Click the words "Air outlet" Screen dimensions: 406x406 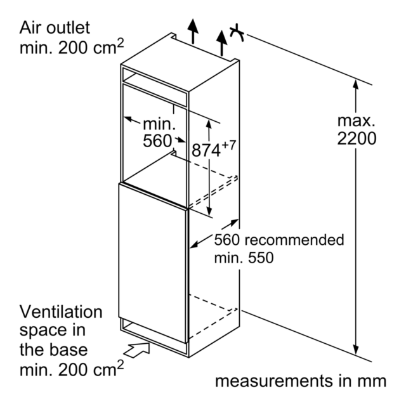tap(55, 27)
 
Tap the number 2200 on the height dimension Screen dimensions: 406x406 tap(357, 138)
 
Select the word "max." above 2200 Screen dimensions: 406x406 tap(357, 121)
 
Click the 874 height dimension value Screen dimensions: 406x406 tap(206, 150)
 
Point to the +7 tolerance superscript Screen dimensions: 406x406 tap(229, 145)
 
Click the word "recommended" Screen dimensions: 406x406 tap(294, 240)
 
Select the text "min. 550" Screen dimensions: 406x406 tap(244, 258)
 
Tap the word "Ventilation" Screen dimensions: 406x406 tap(61, 312)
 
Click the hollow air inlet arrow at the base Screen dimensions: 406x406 tap(137, 350)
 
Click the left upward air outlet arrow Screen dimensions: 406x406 tap(193, 31)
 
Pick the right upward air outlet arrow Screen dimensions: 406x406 tap(221, 43)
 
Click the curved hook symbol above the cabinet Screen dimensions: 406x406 tap(237, 33)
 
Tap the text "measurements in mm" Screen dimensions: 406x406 tap(301, 381)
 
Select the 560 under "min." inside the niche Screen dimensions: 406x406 tap(157, 141)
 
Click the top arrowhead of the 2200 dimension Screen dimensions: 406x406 tap(356, 84)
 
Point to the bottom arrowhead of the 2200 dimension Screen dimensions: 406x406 tap(356, 350)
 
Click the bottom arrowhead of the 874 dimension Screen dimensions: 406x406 tap(209, 211)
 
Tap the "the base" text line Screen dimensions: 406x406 tap(53, 350)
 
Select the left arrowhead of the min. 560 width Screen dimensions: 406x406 tap(128, 119)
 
